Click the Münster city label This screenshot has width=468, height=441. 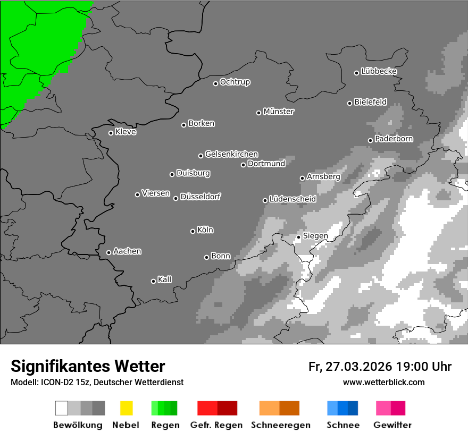[x=279, y=112]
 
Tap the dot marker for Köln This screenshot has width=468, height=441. [x=193, y=231]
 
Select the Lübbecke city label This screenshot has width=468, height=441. [x=379, y=71]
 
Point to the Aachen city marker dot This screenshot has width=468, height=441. [x=108, y=252]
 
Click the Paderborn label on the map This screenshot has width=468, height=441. [x=394, y=139]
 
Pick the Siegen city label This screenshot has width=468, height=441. [x=315, y=235]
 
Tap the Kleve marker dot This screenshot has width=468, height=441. [x=111, y=133]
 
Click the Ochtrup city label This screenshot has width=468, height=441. [x=235, y=82]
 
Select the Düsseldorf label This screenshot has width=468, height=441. [x=200, y=197]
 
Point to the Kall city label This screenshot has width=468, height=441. [x=164, y=279]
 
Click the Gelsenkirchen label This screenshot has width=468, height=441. [x=231, y=154]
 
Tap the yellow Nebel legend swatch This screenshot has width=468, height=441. [x=126, y=408]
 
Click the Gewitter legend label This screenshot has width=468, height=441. [x=392, y=425]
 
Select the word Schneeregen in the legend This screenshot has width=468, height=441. [x=280, y=425]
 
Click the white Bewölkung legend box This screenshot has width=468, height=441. [x=62, y=408]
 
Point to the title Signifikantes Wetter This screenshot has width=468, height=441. [x=88, y=366]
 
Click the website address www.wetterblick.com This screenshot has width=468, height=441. [x=383, y=382]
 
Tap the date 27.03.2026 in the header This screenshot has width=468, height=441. [x=358, y=367]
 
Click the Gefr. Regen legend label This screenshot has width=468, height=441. [x=216, y=425]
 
